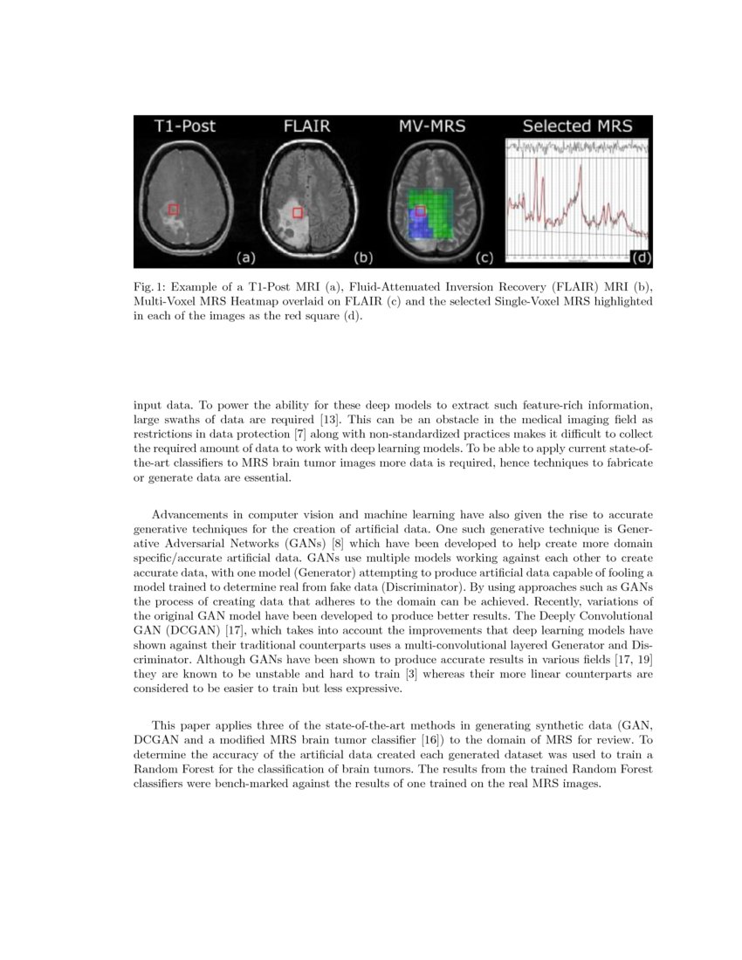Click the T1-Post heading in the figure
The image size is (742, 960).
coord(184,127)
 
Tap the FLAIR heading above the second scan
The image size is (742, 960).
coord(307,127)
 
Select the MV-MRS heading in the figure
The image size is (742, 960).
coord(432,127)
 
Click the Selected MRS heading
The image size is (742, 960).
coord(577,127)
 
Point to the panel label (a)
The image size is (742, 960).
coord(246,257)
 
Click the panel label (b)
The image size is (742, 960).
coord(362,257)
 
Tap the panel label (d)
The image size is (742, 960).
coord(641,257)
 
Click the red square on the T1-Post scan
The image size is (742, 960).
coord(173,209)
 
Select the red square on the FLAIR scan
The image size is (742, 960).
coord(298,213)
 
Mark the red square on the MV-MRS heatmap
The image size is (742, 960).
coord(421,211)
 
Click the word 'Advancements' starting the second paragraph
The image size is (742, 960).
coord(193,514)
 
